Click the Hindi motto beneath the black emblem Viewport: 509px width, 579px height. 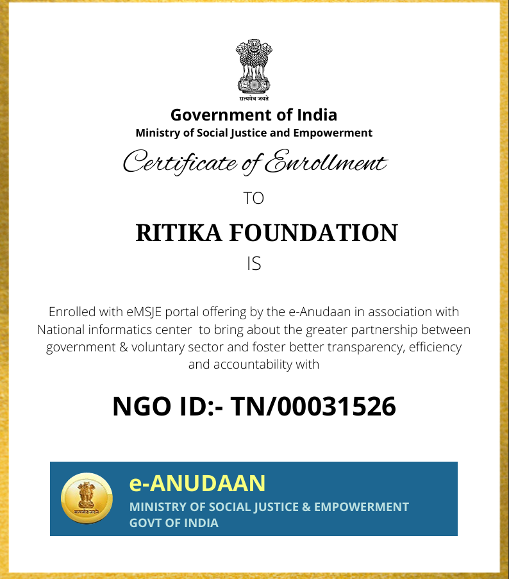[254, 99]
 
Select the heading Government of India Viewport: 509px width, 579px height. [254, 115]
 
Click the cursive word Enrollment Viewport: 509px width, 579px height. [326, 162]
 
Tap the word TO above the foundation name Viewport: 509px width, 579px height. [254, 198]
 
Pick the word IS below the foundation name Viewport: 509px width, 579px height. [254, 264]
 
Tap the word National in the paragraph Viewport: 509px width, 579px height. [65, 330]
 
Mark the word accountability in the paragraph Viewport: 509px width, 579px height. [254, 365]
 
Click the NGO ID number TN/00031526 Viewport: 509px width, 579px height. [313, 407]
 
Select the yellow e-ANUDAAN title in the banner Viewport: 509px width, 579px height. [197, 482]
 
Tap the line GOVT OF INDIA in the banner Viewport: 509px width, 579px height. [174, 523]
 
